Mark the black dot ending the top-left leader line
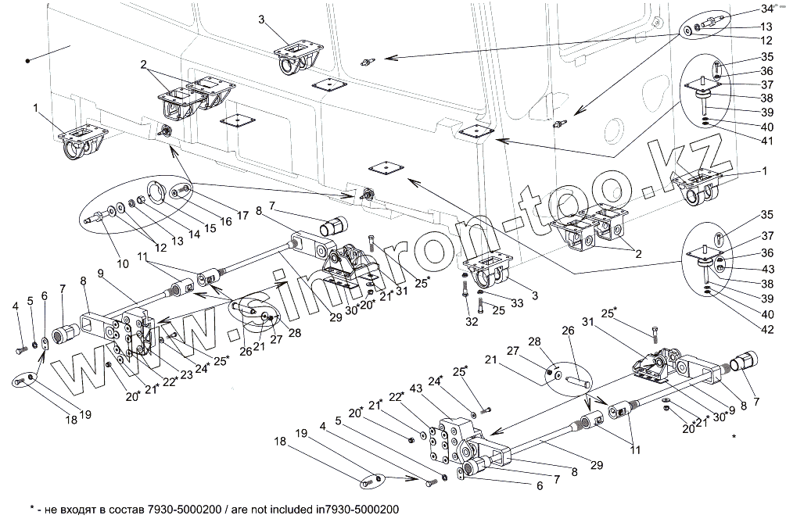tap(27, 59)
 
